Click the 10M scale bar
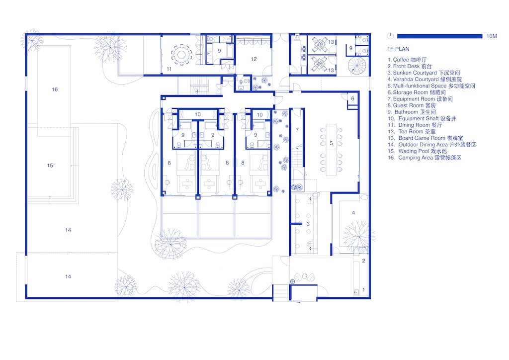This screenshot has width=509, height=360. pos(439,36)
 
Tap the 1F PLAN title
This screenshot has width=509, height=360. pos(398,49)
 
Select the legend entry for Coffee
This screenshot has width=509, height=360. pos(407,60)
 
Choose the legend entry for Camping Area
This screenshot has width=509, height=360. pos(424,158)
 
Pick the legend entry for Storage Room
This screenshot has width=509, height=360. pos(417,92)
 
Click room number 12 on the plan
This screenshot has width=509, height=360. pos(254,59)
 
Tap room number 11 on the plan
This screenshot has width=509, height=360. pos(169,69)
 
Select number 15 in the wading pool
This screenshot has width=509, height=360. pos(50,166)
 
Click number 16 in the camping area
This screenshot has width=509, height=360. pos(55,90)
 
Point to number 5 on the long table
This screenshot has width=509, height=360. pos(331,143)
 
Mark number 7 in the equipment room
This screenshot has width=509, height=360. pos(297,130)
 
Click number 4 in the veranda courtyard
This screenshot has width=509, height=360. pos(353,213)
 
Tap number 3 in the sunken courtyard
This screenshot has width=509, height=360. pos(308,224)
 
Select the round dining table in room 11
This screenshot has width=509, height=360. pos(181,54)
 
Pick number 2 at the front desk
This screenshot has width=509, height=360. pos(363,261)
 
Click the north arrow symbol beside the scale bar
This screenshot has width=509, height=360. pos(390,36)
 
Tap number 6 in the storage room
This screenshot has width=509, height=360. pos(352,98)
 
